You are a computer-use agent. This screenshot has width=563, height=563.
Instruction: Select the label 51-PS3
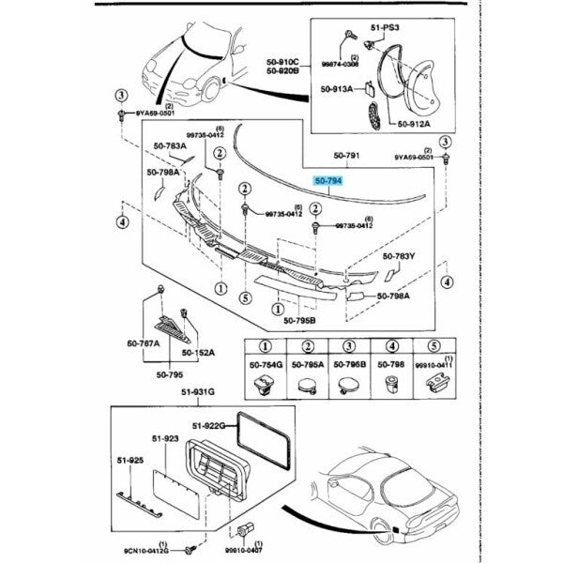pos(385,28)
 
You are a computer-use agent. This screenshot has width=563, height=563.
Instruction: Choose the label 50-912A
pos(414,123)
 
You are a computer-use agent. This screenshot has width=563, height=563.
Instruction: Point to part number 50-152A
pos(199,352)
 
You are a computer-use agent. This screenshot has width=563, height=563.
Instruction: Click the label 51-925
pos(129,461)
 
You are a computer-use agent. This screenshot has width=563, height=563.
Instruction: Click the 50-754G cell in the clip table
pos(263,364)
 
